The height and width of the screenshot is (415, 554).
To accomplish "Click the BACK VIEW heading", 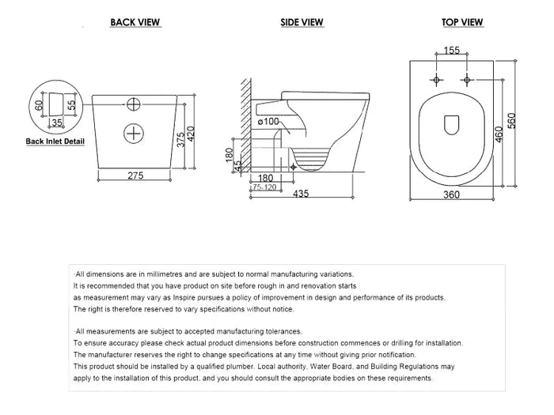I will point(135,22).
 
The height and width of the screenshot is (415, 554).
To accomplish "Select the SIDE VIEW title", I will point(302,22).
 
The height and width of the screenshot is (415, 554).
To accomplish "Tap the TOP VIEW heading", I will point(463,22).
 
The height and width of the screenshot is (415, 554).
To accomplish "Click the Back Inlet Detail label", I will point(55,141).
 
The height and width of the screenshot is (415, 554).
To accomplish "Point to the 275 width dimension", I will point(136,175).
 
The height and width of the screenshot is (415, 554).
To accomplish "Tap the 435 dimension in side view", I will point(301,194).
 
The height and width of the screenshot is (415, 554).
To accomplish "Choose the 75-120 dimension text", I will point(265,188).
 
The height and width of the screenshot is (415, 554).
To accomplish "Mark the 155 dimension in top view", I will point(452,51).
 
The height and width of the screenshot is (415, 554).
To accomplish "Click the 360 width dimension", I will point(452,194).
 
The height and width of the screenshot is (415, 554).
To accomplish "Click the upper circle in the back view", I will point(135,103).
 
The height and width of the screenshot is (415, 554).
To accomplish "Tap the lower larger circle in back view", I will point(135,132).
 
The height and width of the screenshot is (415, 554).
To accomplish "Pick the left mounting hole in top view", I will point(436,80).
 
